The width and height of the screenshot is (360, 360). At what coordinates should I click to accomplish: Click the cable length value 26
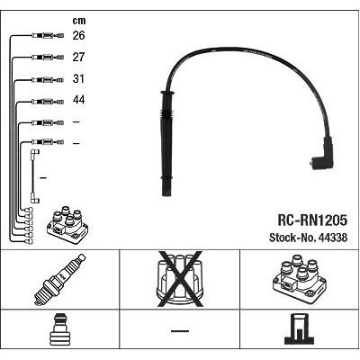coord(78,35)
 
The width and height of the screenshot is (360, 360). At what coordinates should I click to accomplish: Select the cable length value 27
coord(78,57)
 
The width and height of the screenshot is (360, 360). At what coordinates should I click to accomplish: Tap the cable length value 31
coord(78,78)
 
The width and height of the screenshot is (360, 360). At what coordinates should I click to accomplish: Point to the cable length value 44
coord(78,100)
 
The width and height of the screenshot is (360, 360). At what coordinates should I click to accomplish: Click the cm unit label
coord(79,21)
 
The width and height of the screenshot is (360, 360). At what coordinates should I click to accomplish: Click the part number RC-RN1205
coord(312,220)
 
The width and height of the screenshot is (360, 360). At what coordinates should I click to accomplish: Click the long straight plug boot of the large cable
coord(166,143)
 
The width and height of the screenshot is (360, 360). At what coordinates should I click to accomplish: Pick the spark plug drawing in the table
coord(59,280)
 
